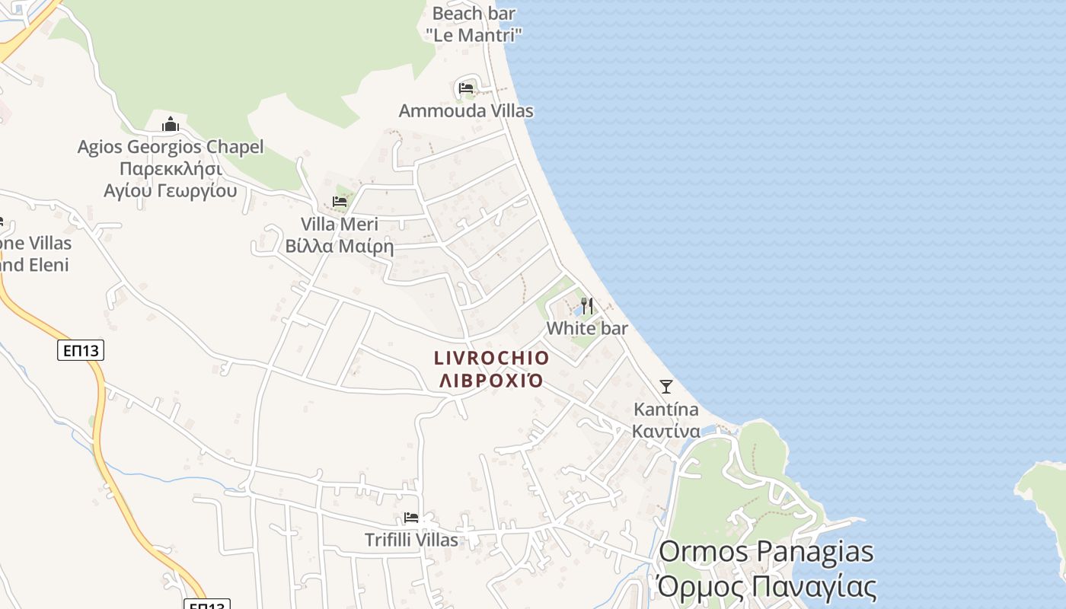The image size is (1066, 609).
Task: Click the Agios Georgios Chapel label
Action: pyautogui.click(x=171, y=147)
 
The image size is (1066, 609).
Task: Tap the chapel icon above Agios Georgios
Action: pyautogui.click(x=171, y=124)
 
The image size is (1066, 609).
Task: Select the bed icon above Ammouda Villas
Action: pyautogui.click(x=466, y=88)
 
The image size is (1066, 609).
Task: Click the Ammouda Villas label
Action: pyautogui.click(x=466, y=111)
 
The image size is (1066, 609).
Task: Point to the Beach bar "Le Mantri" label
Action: pyautogui.click(x=474, y=24)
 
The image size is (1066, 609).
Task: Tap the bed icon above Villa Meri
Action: pyautogui.click(x=340, y=202)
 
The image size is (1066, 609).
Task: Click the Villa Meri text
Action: pyautogui.click(x=340, y=225)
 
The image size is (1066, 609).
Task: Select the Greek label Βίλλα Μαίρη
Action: pyautogui.click(x=340, y=247)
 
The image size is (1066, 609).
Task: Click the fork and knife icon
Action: pyautogui.click(x=587, y=306)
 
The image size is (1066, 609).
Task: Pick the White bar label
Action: pyautogui.click(x=587, y=328)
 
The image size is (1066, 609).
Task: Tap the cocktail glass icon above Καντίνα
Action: pyautogui.click(x=666, y=387)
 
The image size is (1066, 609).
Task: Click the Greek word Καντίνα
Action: pyautogui.click(x=666, y=431)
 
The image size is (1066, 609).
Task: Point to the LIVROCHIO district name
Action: pyautogui.click(x=491, y=358)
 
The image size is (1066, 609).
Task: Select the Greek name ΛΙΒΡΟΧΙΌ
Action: pyautogui.click(x=491, y=380)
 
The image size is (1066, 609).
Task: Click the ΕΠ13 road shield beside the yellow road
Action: pyautogui.click(x=81, y=350)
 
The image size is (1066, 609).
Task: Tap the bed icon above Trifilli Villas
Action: pyautogui.click(x=411, y=518)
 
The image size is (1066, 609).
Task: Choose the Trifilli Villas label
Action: pyautogui.click(x=411, y=540)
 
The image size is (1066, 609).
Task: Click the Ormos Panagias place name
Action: pyautogui.click(x=766, y=551)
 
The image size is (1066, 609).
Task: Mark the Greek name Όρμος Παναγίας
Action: pyautogui.click(x=766, y=587)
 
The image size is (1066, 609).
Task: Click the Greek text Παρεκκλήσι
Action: pyautogui.click(x=171, y=169)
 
